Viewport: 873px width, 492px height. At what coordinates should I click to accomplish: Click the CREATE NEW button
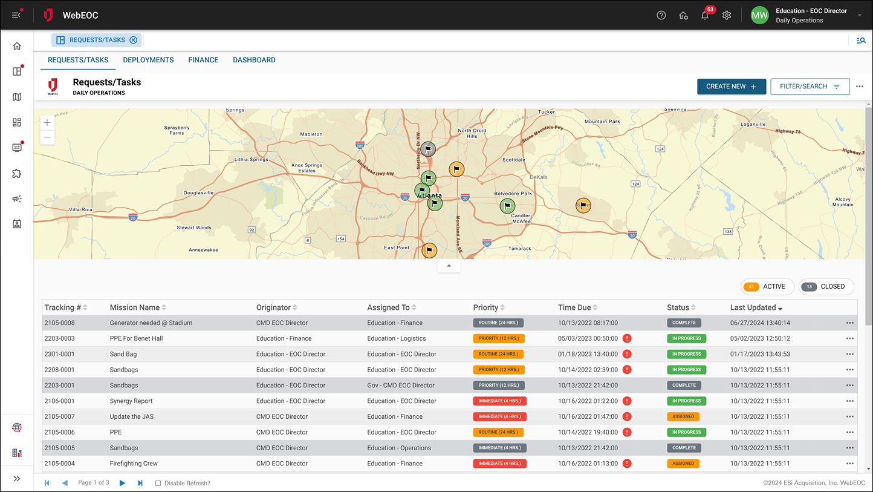click(731, 87)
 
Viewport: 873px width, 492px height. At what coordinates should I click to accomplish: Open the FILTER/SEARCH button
click(810, 87)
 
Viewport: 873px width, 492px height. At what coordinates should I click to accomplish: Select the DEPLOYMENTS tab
click(148, 60)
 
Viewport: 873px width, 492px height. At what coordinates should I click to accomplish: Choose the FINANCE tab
click(203, 60)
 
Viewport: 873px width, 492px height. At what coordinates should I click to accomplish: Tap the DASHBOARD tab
click(254, 60)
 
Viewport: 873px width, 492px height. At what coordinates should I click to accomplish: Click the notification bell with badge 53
click(705, 16)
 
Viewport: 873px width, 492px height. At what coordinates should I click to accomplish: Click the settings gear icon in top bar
click(727, 16)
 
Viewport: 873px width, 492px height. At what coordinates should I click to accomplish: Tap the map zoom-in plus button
click(47, 123)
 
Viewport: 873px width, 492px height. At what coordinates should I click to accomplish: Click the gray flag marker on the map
click(428, 148)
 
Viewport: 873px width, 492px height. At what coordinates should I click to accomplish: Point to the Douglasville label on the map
click(198, 193)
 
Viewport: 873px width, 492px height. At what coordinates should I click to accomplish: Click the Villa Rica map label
click(80, 209)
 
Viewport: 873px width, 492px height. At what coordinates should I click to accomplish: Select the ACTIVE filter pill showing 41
click(767, 287)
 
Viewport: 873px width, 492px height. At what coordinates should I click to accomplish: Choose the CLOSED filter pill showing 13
click(826, 287)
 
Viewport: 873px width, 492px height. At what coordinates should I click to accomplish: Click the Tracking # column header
click(63, 307)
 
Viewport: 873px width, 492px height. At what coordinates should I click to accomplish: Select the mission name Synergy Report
click(131, 401)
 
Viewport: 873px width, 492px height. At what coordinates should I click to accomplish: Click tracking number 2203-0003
click(59, 338)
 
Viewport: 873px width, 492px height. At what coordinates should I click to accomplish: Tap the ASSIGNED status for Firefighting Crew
click(683, 464)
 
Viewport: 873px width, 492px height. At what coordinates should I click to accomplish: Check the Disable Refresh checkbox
click(158, 483)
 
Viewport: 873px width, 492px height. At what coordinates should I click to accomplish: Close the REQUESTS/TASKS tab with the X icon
click(134, 41)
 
